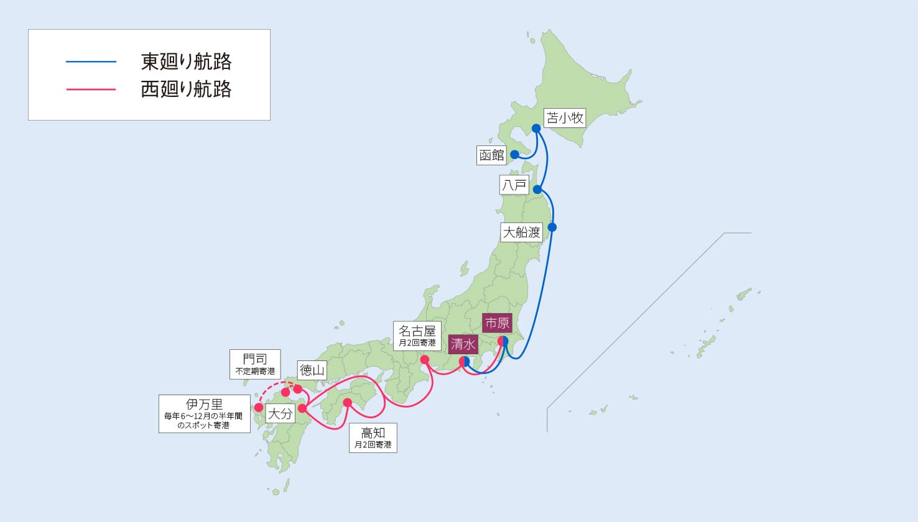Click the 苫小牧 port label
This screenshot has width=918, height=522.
(x=565, y=117)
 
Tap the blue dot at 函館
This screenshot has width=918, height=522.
(x=514, y=154)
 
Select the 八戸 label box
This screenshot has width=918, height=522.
(x=514, y=185)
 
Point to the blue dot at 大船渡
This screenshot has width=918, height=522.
(x=552, y=227)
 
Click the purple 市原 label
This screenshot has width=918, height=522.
(x=497, y=323)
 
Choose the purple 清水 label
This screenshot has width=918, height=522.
(x=463, y=344)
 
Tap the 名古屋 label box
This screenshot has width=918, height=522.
(x=417, y=336)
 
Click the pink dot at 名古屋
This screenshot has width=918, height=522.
(x=425, y=360)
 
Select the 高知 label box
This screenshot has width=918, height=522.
(x=373, y=437)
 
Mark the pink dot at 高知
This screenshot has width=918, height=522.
(x=348, y=402)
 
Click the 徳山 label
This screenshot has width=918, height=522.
(x=312, y=370)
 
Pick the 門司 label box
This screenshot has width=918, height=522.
(x=255, y=364)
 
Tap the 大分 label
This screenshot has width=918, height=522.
(x=280, y=413)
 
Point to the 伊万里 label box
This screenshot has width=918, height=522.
(x=204, y=413)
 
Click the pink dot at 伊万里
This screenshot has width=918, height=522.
(x=259, y=408)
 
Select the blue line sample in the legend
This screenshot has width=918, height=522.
(x=91, y=62)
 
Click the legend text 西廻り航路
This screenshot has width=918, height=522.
(x=186, y=89)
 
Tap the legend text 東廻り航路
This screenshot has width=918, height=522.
(x=186, y=62)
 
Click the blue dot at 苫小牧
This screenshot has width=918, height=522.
(x=536, y=129)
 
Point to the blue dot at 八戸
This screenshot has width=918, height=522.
(x=538, y=189)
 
